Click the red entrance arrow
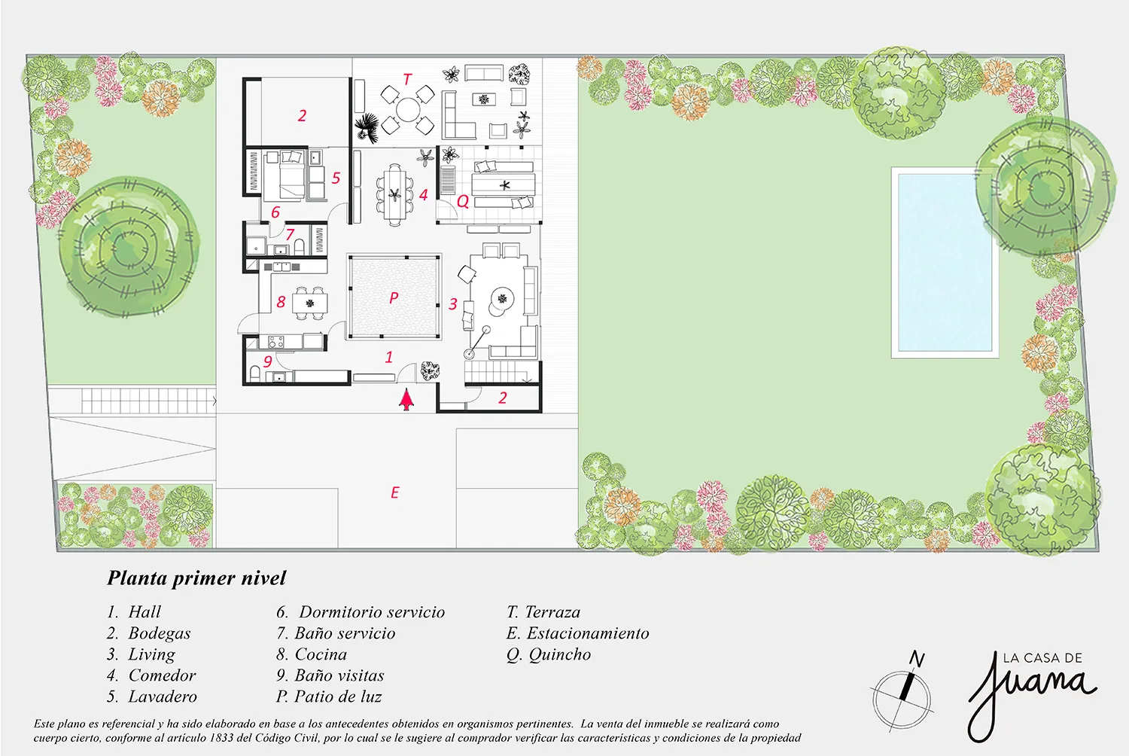(406, 399)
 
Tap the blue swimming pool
(945, 263)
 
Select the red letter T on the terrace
(407, 79)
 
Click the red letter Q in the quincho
(463, 201)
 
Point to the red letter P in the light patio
(394, 297)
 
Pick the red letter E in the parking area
(394, 492)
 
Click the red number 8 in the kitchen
(281, 302)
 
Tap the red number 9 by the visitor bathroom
(268, 361)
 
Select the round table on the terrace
(408, 109)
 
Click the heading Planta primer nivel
(196, 578)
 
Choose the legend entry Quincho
(549, 654)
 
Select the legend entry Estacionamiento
(577, 633)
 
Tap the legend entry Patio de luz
(329, 697)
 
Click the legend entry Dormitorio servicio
(361, 611)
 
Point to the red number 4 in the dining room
(423, 195)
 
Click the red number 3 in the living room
(452, 303)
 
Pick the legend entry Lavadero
(152, 697)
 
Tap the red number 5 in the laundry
(336, 178)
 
